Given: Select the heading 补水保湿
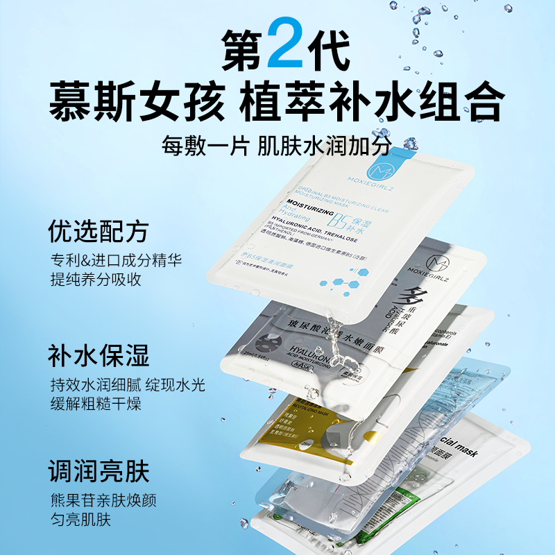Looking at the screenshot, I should click(x=98, y=357).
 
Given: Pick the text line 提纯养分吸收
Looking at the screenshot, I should click(x=94, y=280).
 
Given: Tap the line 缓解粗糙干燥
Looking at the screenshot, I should click(x=94, y=404).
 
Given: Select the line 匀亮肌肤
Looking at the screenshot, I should click(x=76, y=520).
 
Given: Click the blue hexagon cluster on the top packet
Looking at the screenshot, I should click(x=344, y=284).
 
